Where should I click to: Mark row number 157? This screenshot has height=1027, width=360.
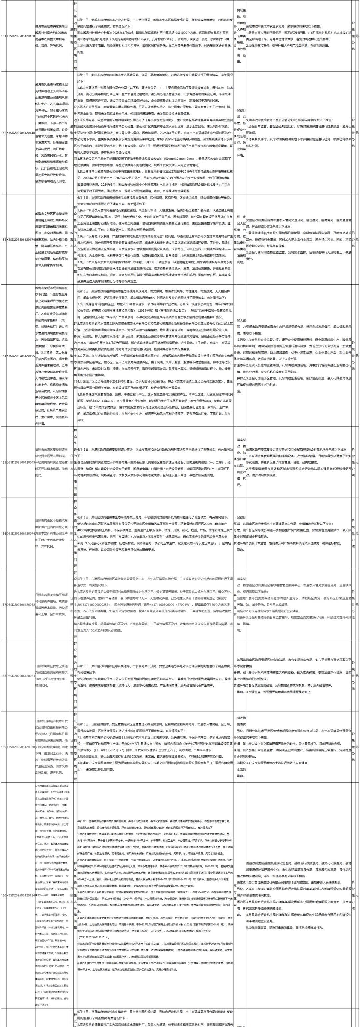[x=3, y=604]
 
